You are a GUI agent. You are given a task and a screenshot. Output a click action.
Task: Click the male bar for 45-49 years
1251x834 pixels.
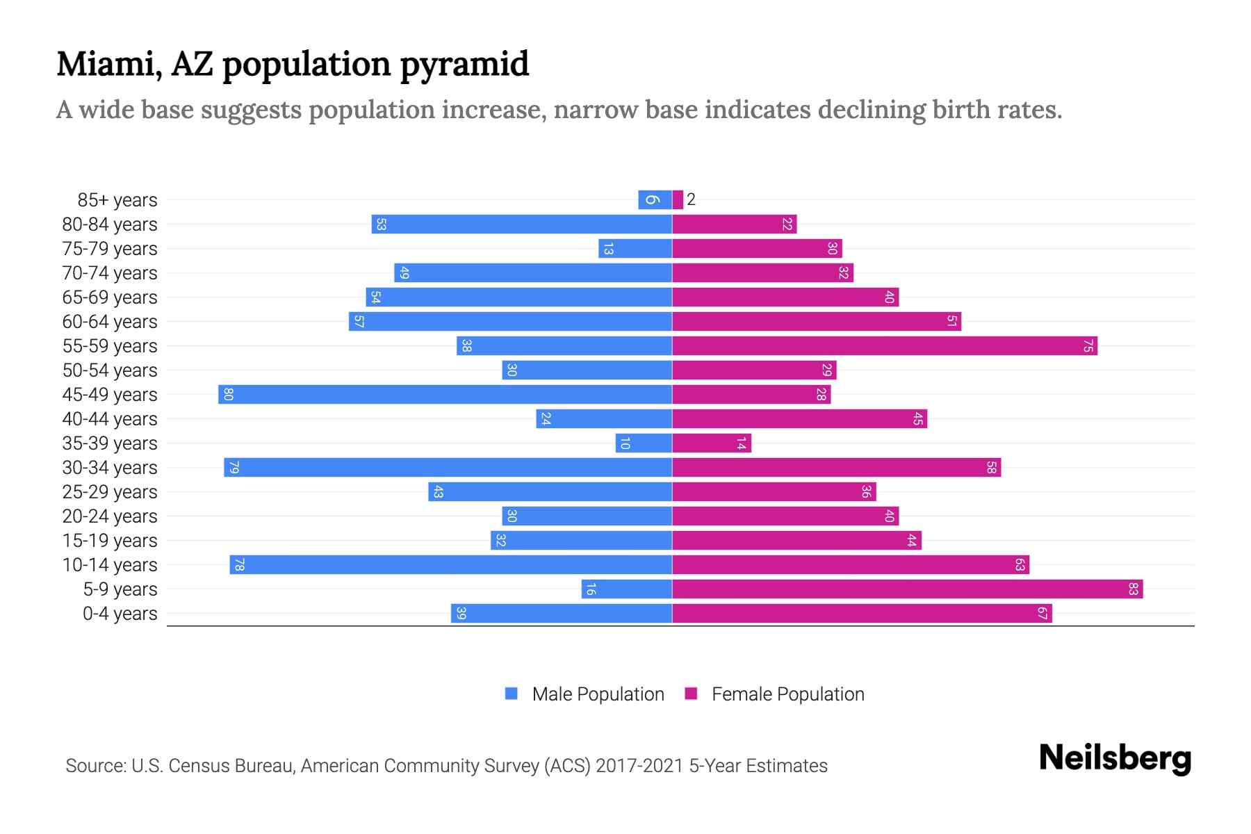445,395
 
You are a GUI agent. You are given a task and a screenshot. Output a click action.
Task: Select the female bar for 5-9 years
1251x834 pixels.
907,589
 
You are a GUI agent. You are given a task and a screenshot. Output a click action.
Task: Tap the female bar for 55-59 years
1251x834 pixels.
884,346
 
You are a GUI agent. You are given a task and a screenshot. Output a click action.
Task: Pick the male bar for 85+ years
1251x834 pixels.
655,200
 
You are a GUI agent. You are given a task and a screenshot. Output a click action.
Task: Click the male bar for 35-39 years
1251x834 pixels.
644,443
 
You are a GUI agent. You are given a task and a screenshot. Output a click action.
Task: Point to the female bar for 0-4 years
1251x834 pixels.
862,614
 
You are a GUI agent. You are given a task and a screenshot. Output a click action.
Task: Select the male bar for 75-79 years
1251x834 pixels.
635,249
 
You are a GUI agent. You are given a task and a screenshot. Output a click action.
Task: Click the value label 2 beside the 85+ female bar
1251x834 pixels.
691,200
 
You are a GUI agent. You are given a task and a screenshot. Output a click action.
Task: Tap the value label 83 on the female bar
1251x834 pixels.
1133,589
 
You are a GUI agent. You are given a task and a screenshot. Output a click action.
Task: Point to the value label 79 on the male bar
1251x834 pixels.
234,468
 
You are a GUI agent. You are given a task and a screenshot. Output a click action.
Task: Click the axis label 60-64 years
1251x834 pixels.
110,322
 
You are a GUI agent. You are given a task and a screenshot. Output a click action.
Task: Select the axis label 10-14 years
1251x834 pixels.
110,565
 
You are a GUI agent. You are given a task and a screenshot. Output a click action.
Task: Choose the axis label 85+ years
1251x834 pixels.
117,200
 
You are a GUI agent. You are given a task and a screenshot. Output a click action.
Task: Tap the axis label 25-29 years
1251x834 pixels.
110,492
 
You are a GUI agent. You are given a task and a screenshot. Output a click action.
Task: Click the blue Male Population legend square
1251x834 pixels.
512,694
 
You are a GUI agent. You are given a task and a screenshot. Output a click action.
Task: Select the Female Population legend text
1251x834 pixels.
787,694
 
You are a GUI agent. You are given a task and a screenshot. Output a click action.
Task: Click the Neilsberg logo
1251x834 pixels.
1115,758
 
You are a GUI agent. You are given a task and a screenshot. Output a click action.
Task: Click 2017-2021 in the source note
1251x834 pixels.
639,766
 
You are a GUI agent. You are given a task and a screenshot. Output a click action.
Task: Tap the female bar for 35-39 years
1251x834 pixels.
712,443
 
